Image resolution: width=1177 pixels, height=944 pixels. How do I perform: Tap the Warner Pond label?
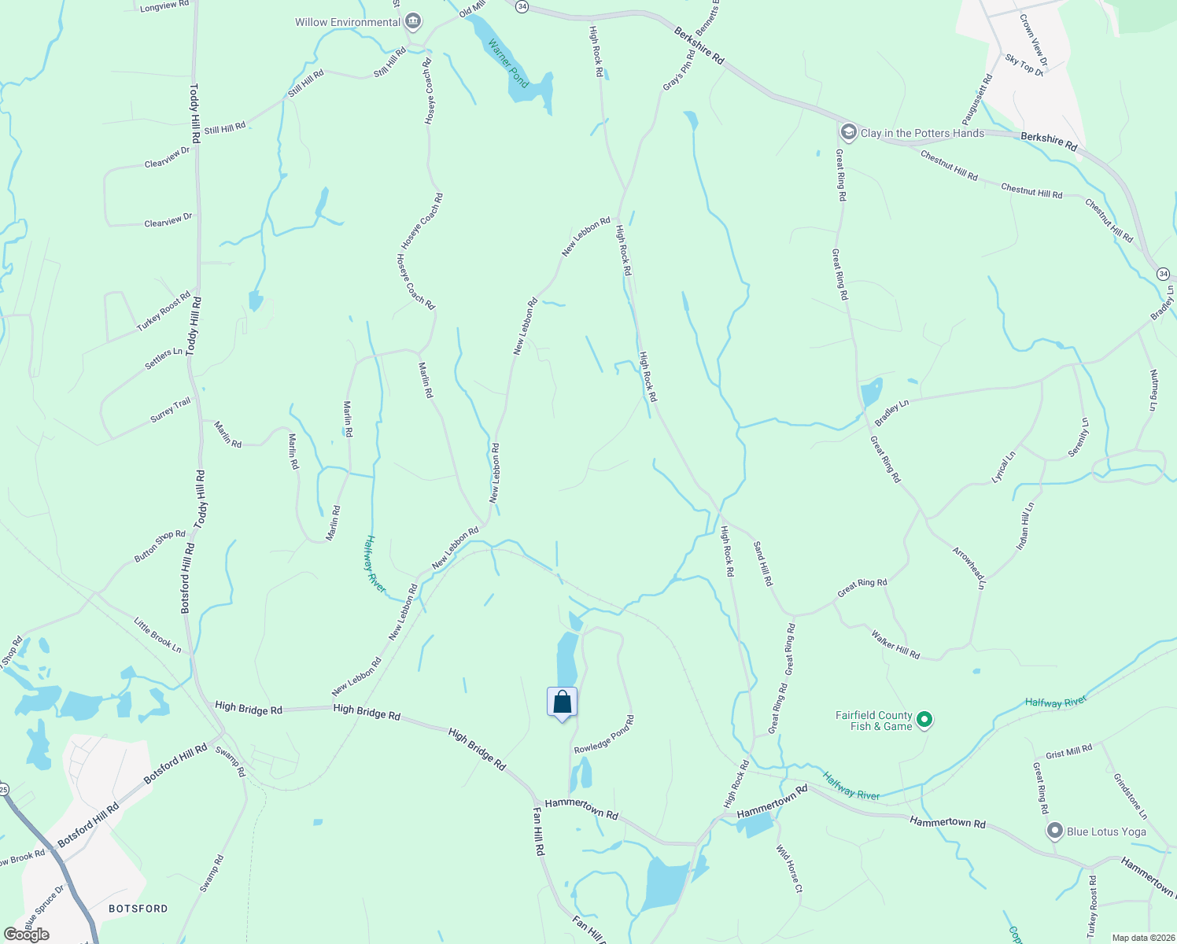tap(508, 63)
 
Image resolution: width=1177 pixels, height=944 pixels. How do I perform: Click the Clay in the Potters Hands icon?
tap(848, 132)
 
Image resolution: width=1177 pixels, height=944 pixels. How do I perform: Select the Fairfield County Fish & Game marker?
tap(925, 720)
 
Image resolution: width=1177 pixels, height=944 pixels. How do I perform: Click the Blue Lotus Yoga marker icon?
tap(1055, 831)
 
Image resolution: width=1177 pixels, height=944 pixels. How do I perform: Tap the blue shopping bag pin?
tap(562, 702)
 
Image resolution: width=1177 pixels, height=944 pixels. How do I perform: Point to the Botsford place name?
tap(138, 909)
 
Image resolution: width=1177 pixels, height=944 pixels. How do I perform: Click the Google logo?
tap(27, 934)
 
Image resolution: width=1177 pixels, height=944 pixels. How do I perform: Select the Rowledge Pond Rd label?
tap(603, 735)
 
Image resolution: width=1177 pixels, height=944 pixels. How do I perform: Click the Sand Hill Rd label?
tap(763, 563)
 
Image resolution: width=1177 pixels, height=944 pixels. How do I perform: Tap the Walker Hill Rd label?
tap(895, 643)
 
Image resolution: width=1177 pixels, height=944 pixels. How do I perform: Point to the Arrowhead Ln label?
tap(969, 567)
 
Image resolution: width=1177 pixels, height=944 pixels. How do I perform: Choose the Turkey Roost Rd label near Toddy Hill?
tap(164, 312)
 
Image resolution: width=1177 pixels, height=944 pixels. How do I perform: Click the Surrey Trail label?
tap(171, 410)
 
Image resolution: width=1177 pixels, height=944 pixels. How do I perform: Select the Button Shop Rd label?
tap(160, 546)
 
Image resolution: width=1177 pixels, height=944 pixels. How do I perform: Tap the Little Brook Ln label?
tap(157, 635)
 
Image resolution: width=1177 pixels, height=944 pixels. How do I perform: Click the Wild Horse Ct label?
tap(789, 868)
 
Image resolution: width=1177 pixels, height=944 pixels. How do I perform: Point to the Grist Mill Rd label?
tap(1068, 752)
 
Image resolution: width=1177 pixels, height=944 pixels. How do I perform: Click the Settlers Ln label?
tap(164, 360)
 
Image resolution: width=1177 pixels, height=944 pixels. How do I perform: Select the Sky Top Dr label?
tap(1024, 65)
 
